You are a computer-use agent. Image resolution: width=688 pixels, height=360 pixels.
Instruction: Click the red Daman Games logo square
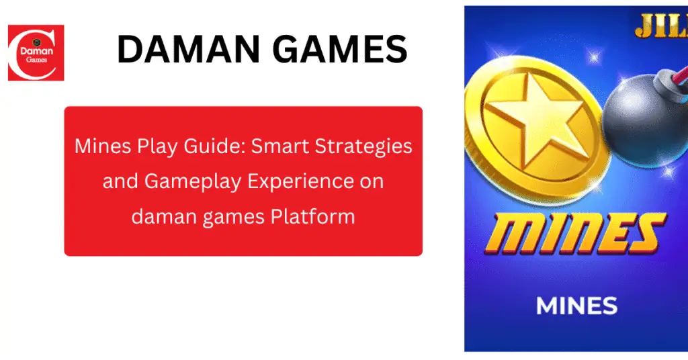pos(36,52)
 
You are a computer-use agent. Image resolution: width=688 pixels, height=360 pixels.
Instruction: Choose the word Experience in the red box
pos(293,181)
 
